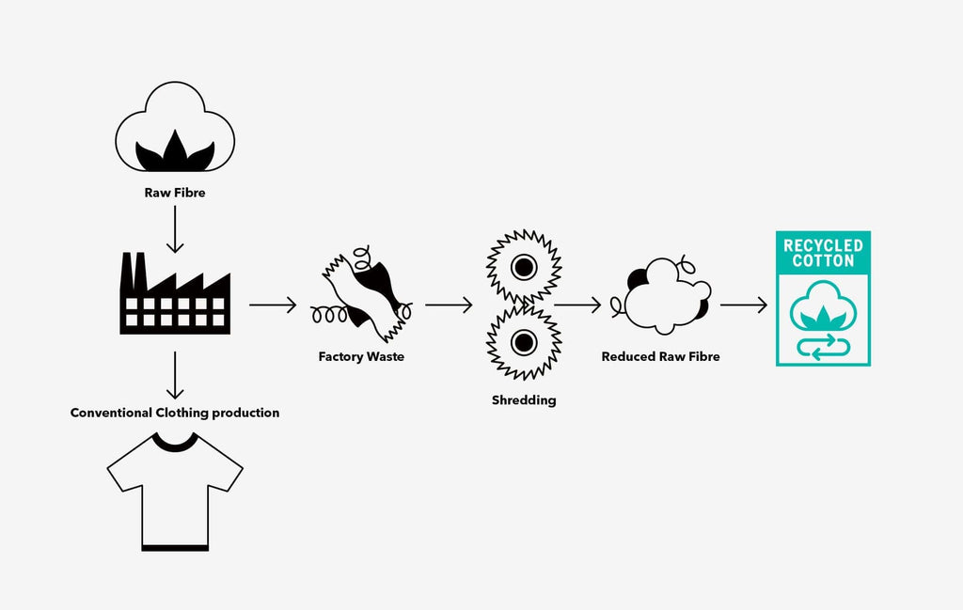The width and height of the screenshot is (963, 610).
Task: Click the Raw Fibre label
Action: click(175, 193)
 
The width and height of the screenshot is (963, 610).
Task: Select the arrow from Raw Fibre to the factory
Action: click(175, 229)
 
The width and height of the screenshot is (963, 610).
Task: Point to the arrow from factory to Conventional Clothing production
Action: click(175, 376)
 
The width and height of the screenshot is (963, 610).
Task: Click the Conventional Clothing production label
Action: click(175, 413)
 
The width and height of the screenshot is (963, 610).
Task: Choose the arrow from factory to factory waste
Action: click(273, 305)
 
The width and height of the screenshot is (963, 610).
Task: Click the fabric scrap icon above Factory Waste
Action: click(362, 294)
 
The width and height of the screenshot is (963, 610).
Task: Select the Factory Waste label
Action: click(361, 356)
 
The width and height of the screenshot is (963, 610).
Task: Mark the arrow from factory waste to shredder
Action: click(449, 305)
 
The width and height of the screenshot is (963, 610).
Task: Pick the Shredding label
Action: click(524, 400)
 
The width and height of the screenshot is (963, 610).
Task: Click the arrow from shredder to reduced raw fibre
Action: click(578, 305)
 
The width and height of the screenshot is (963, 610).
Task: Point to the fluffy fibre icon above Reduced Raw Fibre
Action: click(661, 295)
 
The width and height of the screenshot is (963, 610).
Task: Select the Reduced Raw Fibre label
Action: click(661, 356)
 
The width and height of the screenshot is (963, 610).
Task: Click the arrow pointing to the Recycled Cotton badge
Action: click(744, 305)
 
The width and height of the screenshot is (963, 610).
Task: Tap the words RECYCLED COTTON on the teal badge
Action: click(824, 253)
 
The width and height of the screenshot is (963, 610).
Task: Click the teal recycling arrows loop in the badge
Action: click(824, 348)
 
